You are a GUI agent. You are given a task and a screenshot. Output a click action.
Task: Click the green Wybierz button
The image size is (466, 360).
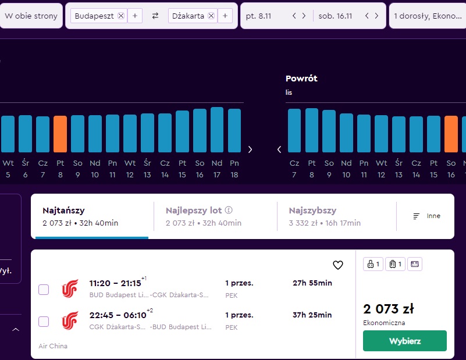tap(404, 341)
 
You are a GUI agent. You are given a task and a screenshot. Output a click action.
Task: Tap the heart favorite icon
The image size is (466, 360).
tap(337, 265)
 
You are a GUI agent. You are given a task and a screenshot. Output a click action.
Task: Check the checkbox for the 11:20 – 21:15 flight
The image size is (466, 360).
tap(44, 289)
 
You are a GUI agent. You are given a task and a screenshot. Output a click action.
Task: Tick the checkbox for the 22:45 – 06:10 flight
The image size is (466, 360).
tap(44, 322)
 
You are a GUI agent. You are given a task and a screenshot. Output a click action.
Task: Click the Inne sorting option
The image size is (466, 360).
tap(427, 216)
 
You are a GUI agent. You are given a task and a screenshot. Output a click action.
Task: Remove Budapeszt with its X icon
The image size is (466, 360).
tap(121, 16)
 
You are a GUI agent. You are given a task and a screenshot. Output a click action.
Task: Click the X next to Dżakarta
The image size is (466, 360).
tap(211, 16)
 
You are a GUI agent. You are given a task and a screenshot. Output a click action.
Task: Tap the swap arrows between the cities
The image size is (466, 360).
tap(155, 16)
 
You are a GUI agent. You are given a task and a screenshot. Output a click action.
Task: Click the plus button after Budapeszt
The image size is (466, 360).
tap(135, 16)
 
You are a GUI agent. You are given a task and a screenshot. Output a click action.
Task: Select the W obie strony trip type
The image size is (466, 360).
tap(31, 16)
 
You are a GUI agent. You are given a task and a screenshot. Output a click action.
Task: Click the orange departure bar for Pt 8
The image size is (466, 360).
tap(60, 134)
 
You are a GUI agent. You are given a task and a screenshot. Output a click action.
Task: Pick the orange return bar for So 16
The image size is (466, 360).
tap(451, 134)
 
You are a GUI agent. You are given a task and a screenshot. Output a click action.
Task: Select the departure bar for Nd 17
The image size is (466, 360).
tap(217, 130)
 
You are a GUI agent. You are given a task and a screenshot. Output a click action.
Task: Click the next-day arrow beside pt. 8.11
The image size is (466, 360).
tap(304, 16)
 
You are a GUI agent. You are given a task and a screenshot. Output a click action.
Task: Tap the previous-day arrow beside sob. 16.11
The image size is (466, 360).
tap(367, 16)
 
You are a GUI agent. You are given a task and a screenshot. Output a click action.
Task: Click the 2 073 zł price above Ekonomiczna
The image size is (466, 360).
tap(389, 309)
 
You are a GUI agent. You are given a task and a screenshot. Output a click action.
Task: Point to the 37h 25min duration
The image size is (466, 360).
tap(312, 315)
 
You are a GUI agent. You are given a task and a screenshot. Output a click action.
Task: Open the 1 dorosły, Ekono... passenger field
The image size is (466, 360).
tap(428, 16)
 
